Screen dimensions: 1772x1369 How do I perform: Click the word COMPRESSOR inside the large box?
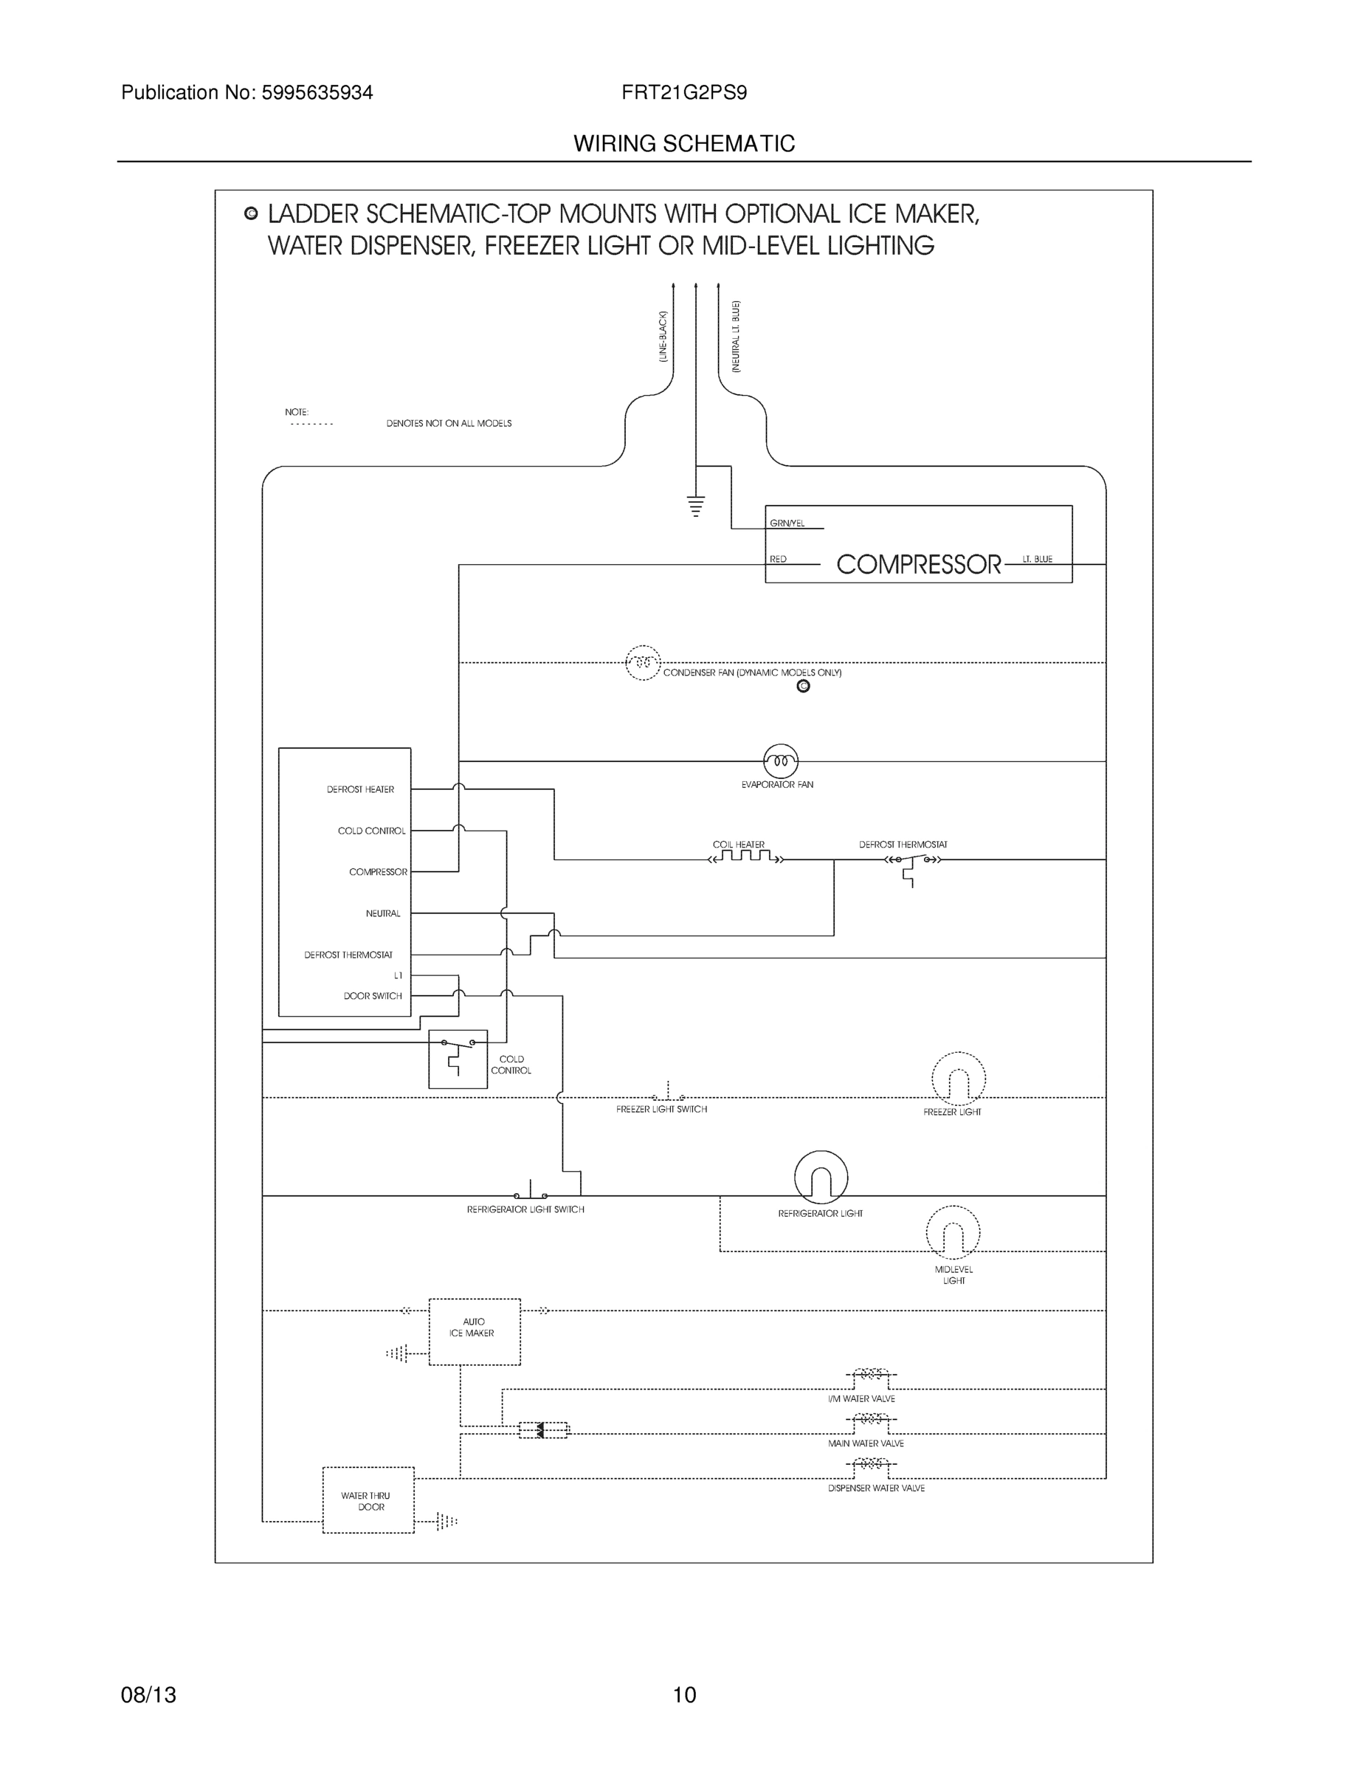point(918,564)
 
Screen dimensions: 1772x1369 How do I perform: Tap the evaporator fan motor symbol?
point(780,761)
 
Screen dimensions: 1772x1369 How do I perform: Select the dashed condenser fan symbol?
point(642,663)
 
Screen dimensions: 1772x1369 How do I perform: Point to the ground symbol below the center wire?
point(695,506)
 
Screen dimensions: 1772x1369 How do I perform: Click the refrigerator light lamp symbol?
point(821,1178)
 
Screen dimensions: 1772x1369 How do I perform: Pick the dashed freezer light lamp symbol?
point(958,1079)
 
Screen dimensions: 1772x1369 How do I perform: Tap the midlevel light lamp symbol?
point(953,1232)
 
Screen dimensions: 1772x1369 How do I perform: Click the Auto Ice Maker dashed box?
point(474,1331)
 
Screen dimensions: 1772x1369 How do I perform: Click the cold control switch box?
point(458,1059)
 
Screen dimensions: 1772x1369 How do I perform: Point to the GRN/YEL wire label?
point(787,523)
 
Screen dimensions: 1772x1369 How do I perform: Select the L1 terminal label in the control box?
point(397,975)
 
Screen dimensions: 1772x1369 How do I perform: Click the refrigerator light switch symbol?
point(531,1193)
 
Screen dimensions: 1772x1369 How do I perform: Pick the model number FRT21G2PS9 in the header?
point(683,92)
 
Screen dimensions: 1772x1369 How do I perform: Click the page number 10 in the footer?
point(683,1695)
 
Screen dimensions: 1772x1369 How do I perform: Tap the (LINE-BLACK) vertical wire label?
point(663,336)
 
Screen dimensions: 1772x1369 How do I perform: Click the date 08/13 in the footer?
point(148,1695)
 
